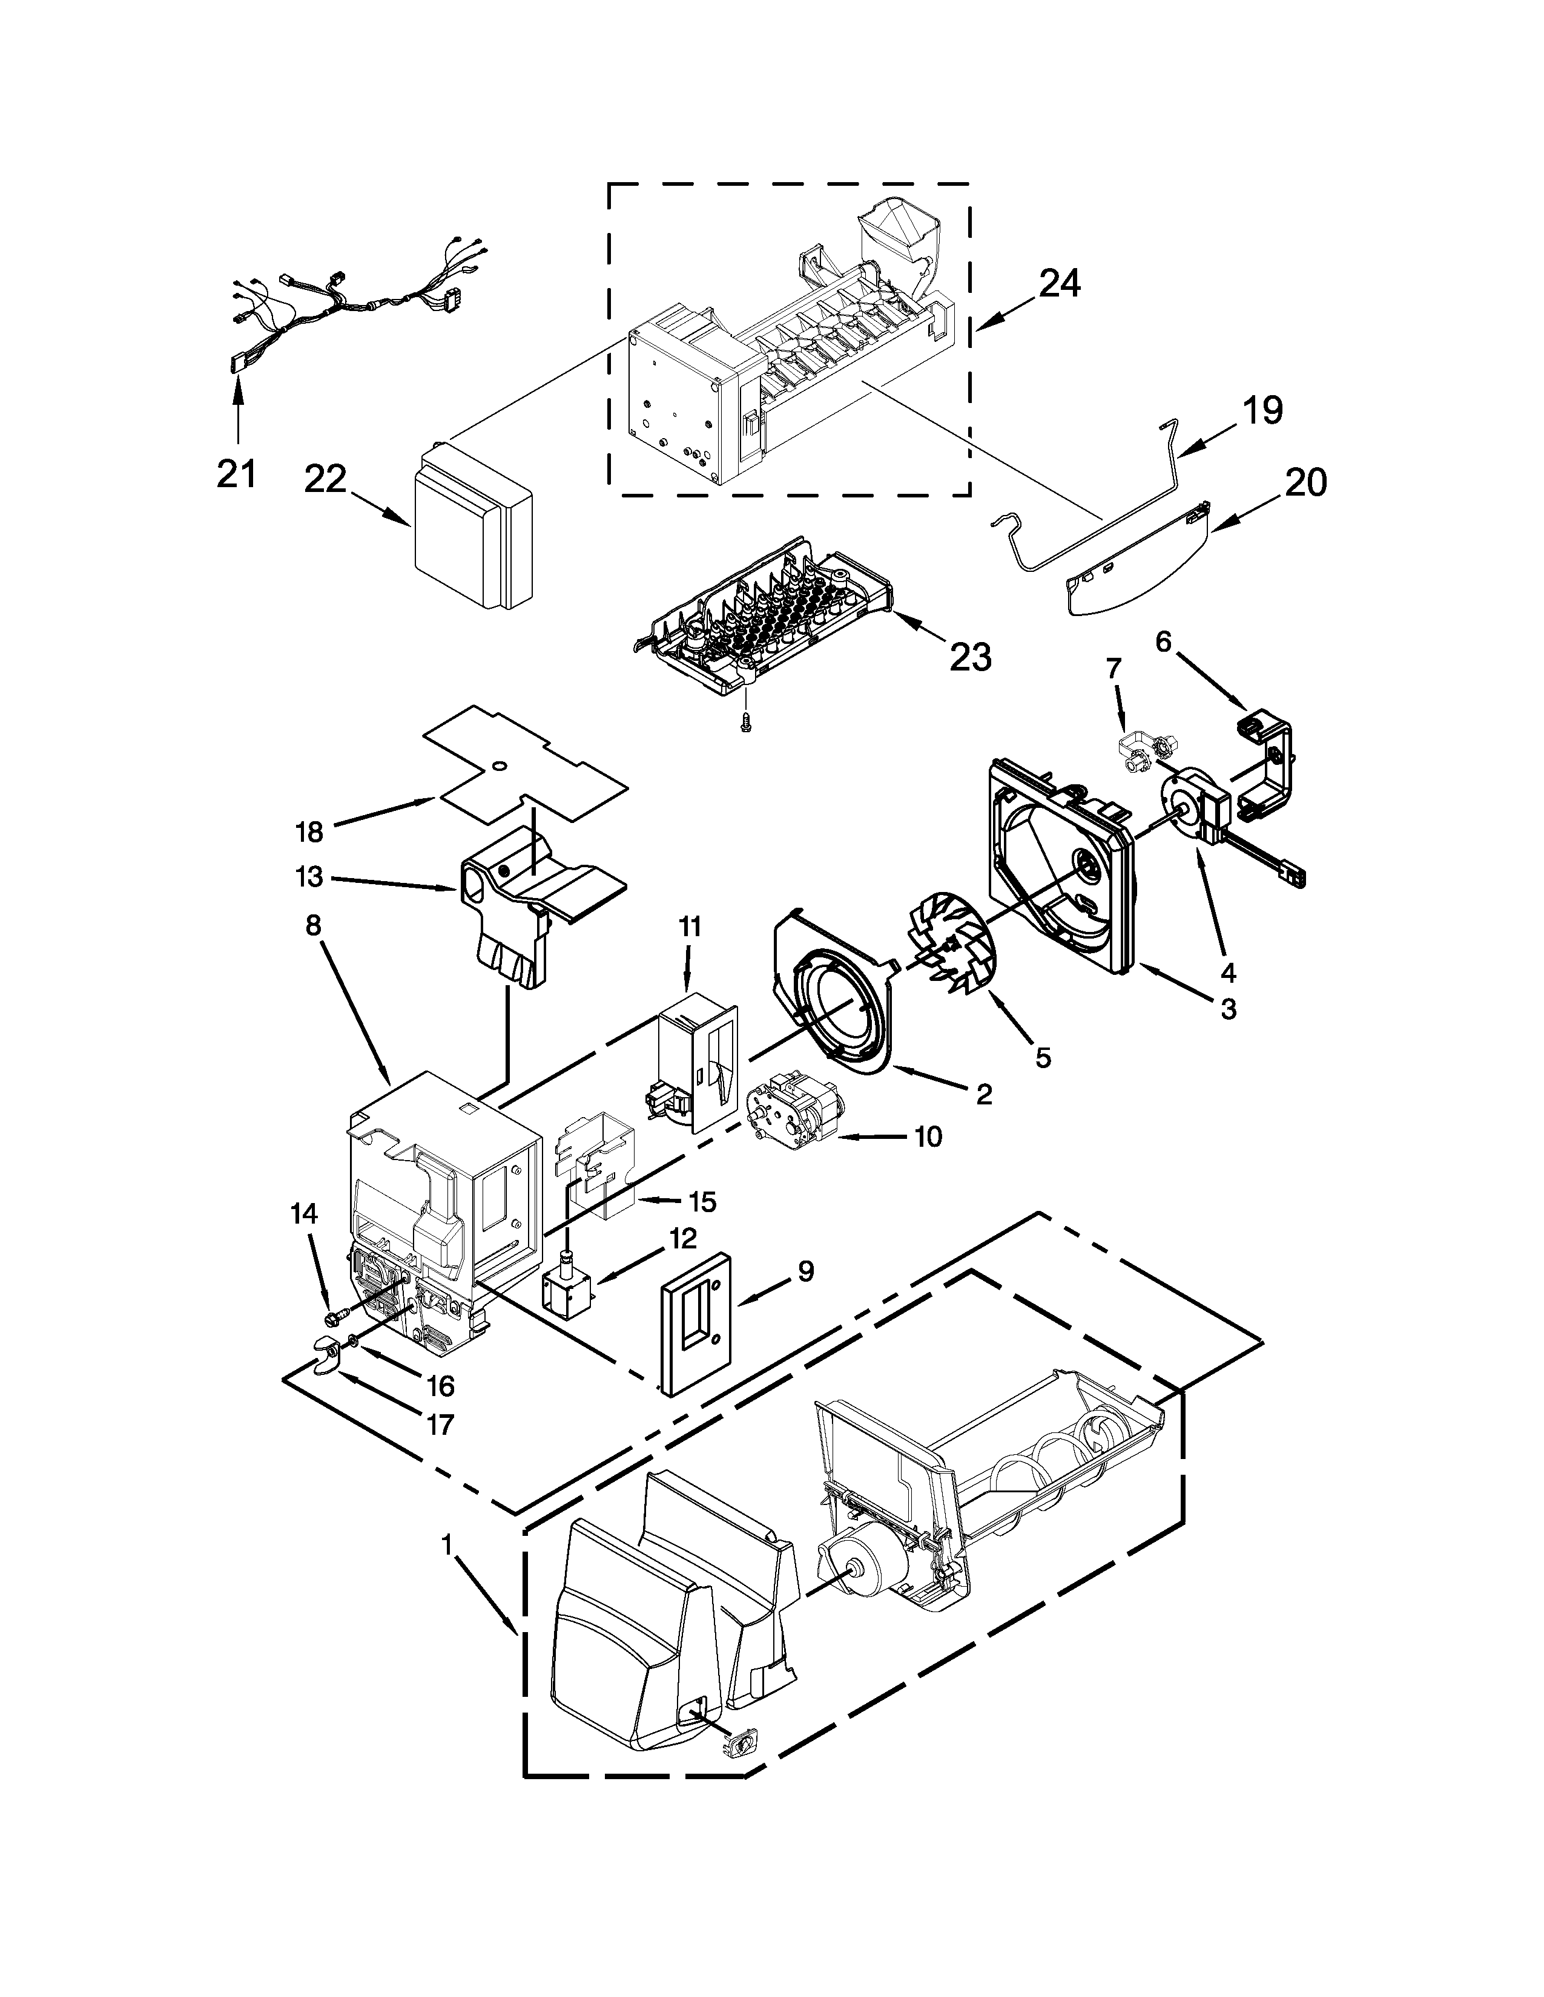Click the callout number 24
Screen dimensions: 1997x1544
(1058, 284)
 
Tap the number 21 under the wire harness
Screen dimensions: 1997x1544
(236, 474)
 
